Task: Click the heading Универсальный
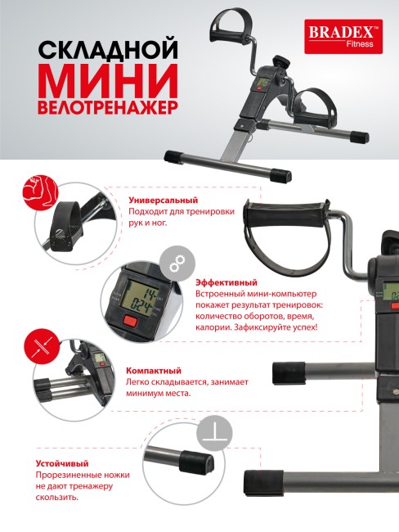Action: (x=164, y=201)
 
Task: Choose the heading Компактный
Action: (x=153, y=370)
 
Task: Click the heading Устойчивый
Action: (x=62, y=462)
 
